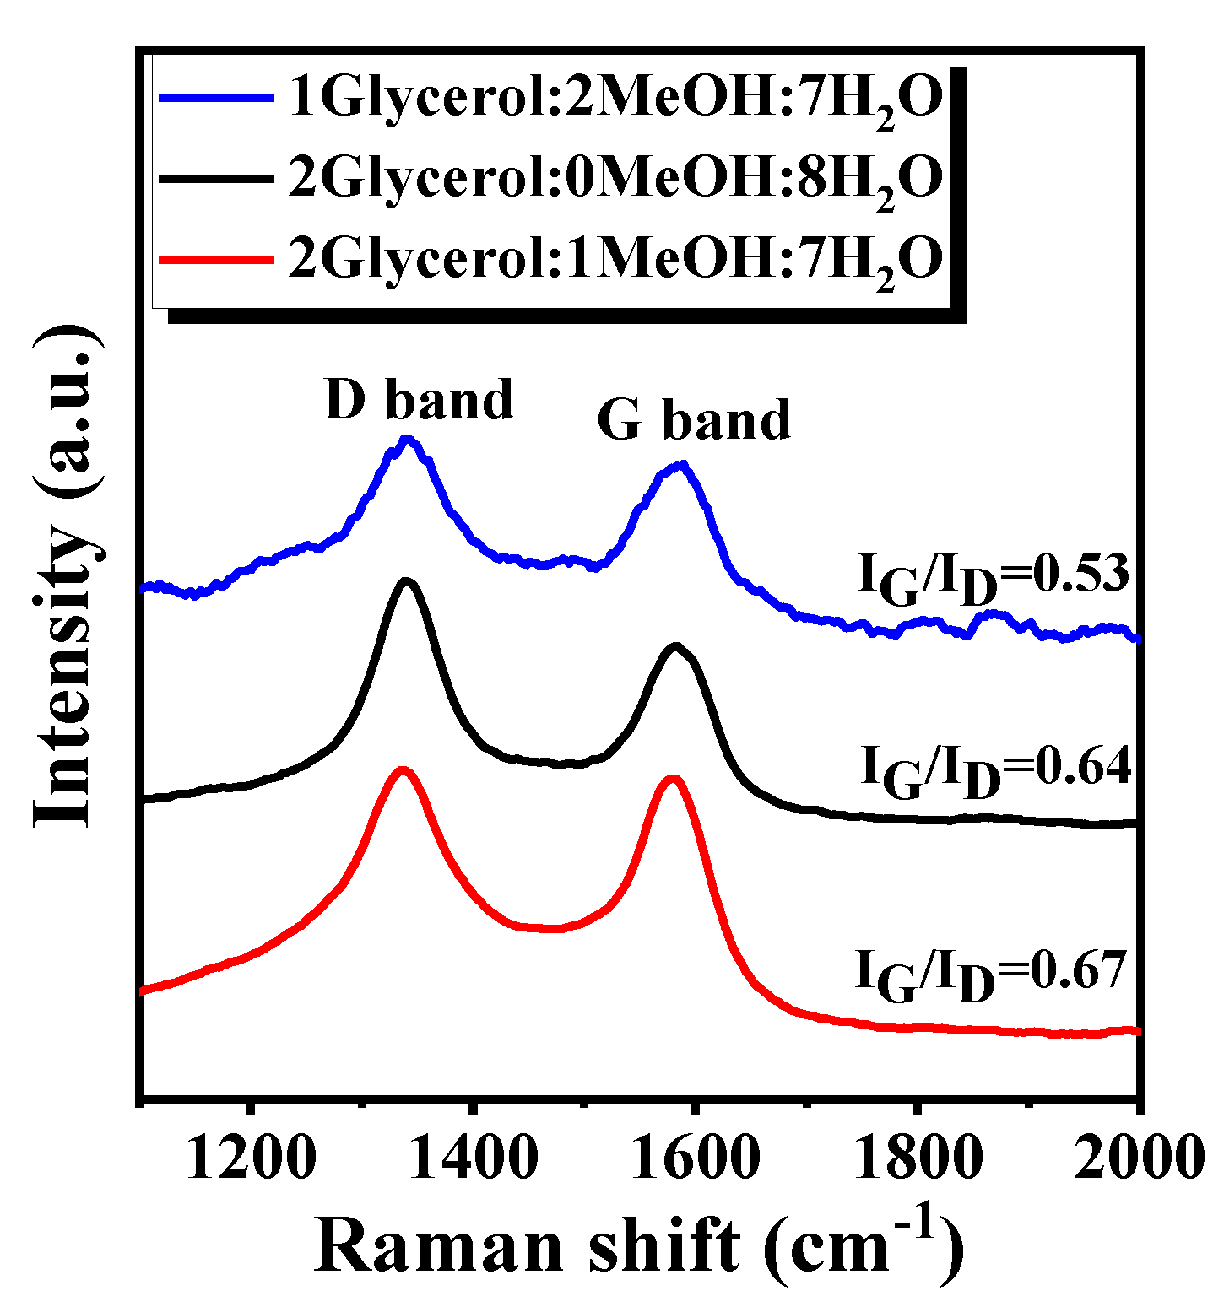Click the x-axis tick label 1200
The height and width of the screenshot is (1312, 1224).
point(251,1158)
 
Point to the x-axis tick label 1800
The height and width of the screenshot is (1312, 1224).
point(917,1158)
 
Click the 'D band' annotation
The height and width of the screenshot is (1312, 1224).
point(419,399)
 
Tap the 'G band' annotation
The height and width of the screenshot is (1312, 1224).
point(694,419)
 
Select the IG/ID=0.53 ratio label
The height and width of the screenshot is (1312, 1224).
point(993,578)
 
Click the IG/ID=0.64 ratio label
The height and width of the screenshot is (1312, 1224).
point(994,769)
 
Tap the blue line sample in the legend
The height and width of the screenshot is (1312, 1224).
point(216,98)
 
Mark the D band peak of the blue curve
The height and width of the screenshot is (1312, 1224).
point(409,440)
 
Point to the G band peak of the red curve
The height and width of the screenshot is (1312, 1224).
point(673,780)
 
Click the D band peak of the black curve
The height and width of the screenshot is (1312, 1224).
point(407,581)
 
